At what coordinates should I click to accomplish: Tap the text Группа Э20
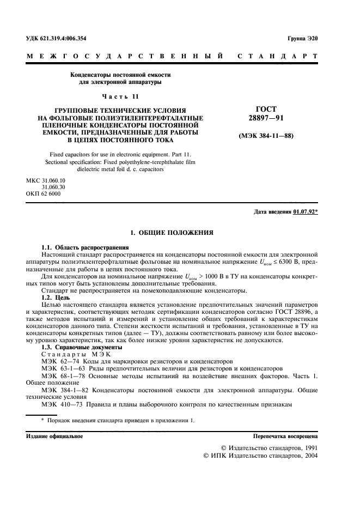pyautogui.click(x=302, y=39)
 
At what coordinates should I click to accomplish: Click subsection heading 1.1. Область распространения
pyautogui.click(x=81, y=247)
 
